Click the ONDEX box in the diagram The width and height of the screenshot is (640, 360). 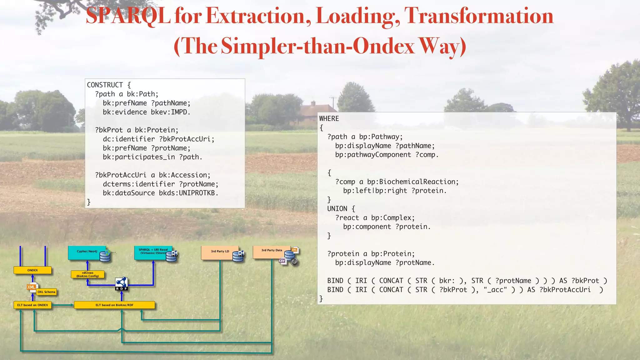tap(32, 270)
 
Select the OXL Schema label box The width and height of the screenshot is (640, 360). tap(46, 292)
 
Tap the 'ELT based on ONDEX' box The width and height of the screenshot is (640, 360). tap(32, 305)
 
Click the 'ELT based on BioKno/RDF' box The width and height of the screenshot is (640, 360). tap(114, 305)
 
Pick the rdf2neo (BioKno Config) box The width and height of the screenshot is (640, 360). tap(87, 274)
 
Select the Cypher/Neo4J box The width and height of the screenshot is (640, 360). tap(87, 252)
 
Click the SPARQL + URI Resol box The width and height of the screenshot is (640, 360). tap(152, 252)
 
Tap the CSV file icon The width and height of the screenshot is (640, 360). tap(282, 261)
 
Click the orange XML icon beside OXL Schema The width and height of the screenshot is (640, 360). tap(32, 287)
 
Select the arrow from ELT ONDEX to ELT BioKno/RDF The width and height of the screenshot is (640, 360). tap(62, 305)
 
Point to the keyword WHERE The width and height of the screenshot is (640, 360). tap(329, 119)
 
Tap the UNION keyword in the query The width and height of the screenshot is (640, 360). tap(337, 209)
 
